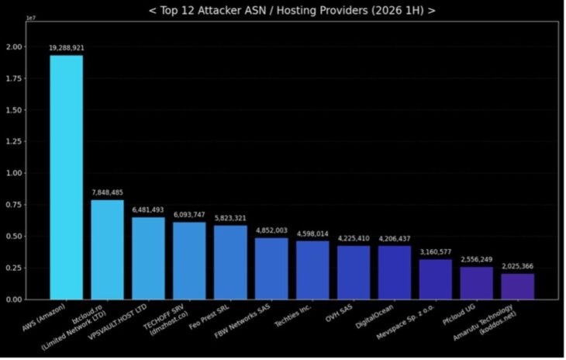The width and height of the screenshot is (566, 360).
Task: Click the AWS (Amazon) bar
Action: (x=67, y=178)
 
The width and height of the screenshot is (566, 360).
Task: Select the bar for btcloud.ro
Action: (x=107, y=250)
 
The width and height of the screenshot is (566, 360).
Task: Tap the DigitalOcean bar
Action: (x=395, y=272)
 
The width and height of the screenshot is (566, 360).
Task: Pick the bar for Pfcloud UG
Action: (x=477, y=283)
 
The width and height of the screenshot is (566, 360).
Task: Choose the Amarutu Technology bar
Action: (x=518, y=286)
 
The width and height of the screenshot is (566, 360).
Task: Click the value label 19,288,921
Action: (x=67, y=47)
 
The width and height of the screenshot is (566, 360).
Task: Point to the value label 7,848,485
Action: (x=107, y=192)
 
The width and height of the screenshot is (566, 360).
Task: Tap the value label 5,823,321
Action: (x=230, y=218)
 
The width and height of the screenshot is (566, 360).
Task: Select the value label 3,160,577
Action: (x=435, y=251)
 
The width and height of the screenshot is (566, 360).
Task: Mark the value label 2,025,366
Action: (x=518, y=266)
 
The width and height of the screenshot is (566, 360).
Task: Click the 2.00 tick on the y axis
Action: (x=14, y=47)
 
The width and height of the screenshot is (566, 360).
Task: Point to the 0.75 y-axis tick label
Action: (x=14, y=205)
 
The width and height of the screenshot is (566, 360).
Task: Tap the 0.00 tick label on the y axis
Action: (x=14, y=299)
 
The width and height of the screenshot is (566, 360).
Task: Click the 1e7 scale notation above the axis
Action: (x=31, y=18)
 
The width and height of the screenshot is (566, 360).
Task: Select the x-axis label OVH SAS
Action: (x=339, y=313)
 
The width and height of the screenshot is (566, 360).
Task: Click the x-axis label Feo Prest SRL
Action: (x=209, y=317)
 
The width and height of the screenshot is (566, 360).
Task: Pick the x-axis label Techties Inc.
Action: (x=293, y=316)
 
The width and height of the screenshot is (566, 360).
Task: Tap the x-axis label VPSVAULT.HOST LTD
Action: (x=118, y=322)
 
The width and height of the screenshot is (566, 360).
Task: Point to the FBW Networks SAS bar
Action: (x=271, y=268)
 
